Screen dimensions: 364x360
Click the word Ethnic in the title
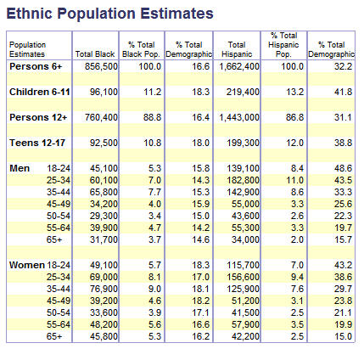click(x=30, y=14)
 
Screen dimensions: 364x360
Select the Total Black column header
click(x=95, y=53)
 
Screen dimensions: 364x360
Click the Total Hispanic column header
click(x=237, y=49)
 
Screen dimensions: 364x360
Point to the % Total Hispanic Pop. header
click(x=283, y=45)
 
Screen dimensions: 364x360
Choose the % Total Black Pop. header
click(x=141, y=49)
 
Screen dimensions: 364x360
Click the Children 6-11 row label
click(x=40, y=92)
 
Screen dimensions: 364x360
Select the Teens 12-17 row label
click(x=37, y=143)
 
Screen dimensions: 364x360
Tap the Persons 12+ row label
click(x=38, y=117)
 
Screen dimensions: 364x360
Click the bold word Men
click(x=20, y=168)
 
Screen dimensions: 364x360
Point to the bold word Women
click(x=27, y=265)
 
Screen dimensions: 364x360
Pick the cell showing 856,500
click(x=101, y=66)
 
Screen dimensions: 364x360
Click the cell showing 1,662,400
click(x=239, y=66)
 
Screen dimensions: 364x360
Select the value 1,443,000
click(x=239, y=117)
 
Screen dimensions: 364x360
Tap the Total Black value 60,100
click(x=104, y=180)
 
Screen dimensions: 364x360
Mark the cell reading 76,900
click(x=104, y=289)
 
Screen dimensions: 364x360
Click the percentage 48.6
click(x=343, y=168)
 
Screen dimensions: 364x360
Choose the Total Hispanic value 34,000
click(x=245, y=239)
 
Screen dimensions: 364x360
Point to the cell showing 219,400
click(x=243, y=92)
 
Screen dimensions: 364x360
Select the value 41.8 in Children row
click(x=343, y=92)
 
